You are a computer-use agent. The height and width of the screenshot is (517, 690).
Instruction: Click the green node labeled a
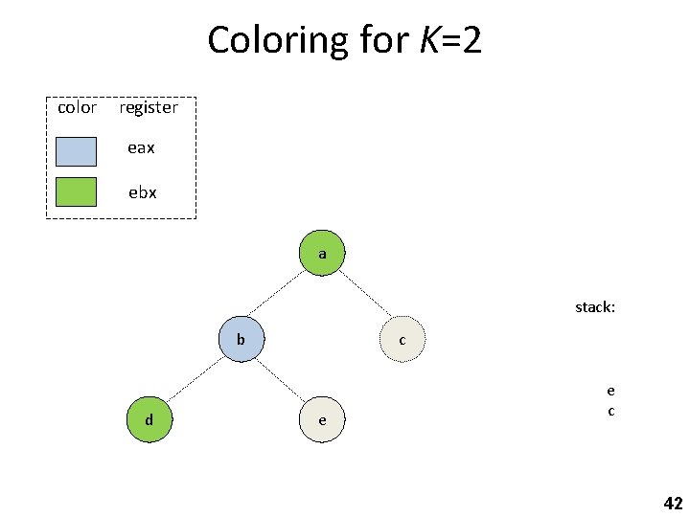point(322,254)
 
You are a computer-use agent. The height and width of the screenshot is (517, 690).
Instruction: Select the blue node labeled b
point(241,339)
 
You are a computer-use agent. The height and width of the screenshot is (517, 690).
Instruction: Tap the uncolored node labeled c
point(402,340)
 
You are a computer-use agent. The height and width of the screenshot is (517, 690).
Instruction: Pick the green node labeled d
point(149,420)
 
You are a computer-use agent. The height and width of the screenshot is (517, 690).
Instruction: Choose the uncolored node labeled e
point(322,420)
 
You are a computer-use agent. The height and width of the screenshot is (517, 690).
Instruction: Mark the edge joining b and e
point(282,380)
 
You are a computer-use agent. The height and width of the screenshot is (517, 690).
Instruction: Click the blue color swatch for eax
point(76,151)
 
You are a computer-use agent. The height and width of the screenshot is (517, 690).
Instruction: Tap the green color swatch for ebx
point(76,192)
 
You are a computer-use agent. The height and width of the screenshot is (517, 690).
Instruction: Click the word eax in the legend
point(142,148)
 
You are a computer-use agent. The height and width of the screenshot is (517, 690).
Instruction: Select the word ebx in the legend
point(143,191)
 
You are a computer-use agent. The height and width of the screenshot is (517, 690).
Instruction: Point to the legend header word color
point(77,107)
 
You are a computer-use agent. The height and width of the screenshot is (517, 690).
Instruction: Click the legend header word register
point(149,107)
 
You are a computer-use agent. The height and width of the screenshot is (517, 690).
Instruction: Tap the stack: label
point(595,307)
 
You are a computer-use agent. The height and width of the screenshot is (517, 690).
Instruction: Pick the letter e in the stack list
point(610,390)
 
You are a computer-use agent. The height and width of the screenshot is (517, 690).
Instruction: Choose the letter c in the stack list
point(610,411)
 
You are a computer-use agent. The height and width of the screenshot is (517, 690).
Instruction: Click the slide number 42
point(673,504)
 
